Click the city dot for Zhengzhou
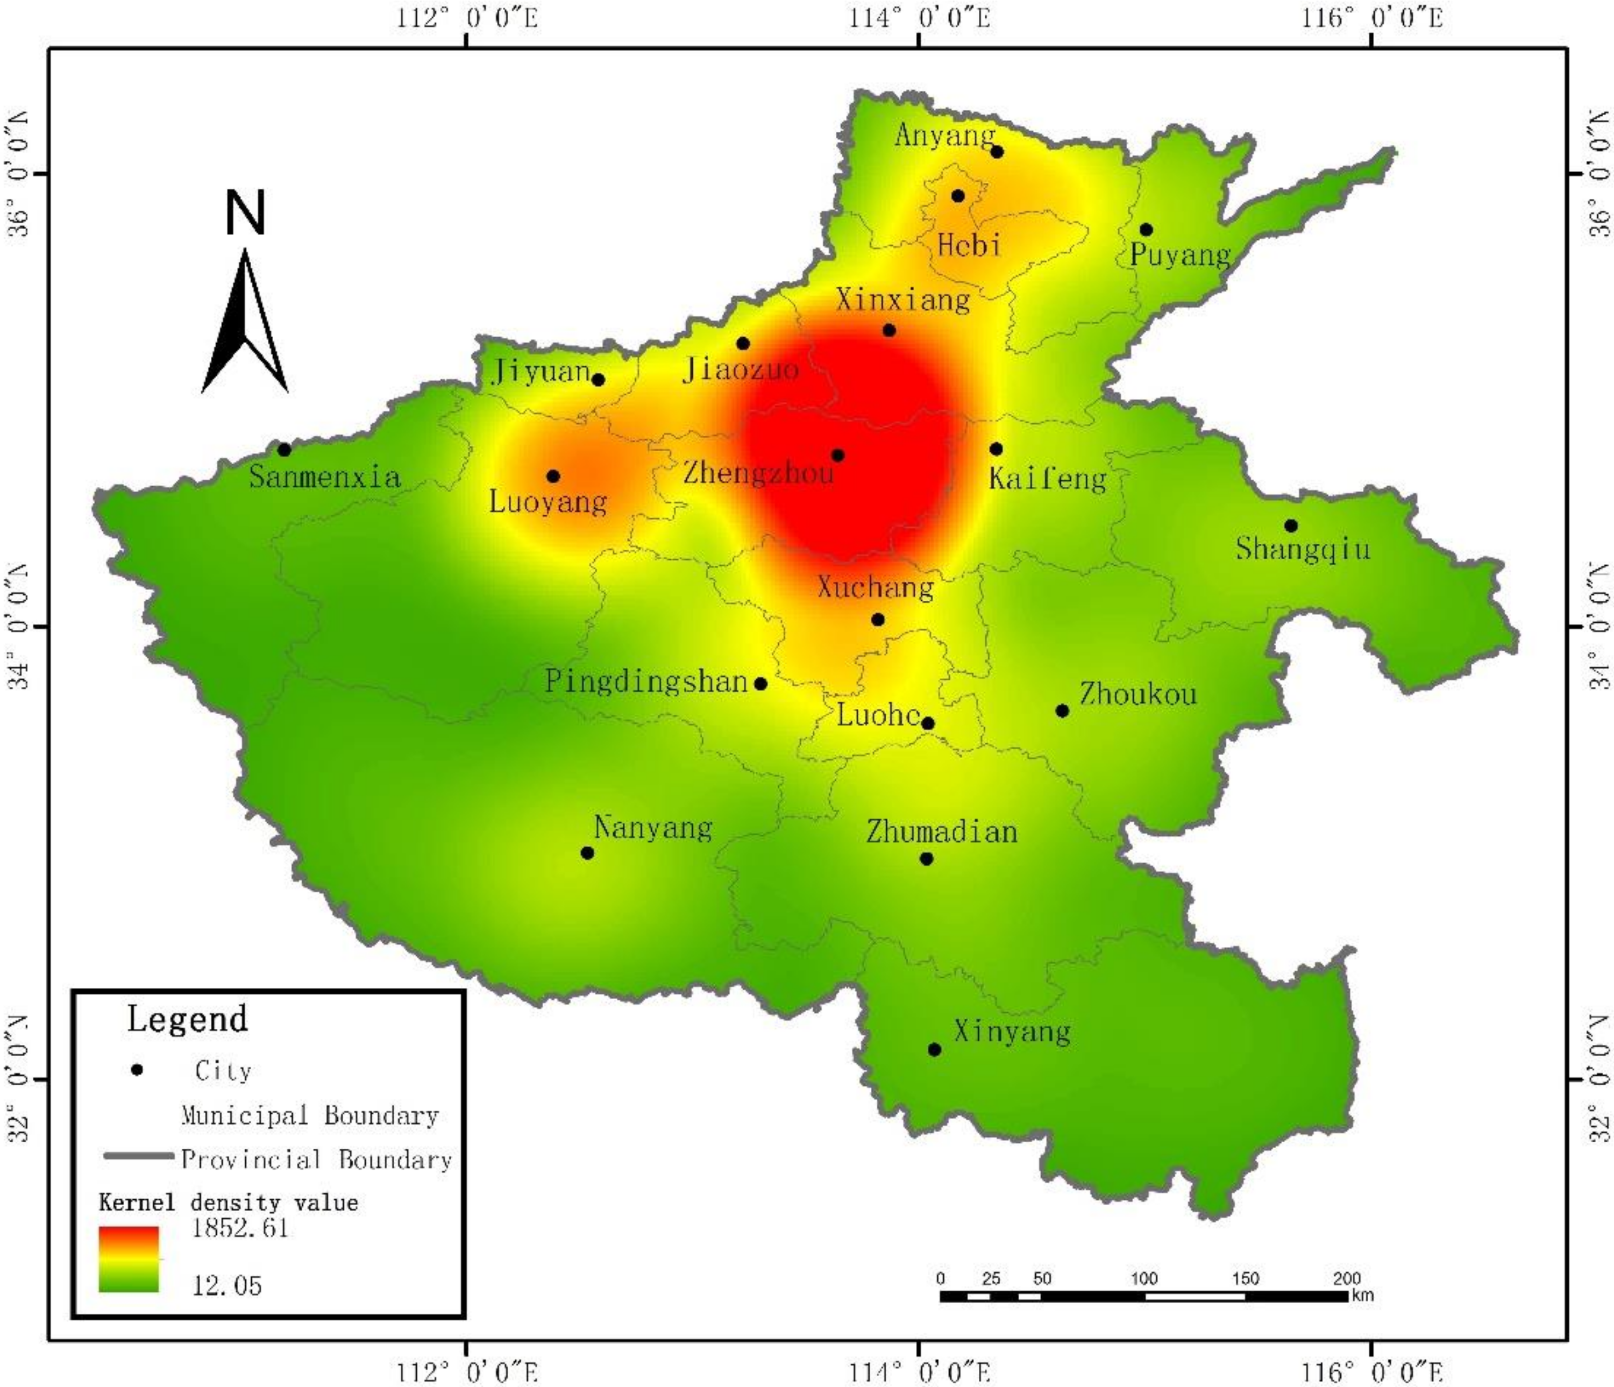tap(837, 456)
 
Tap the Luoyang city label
tap(548, 502)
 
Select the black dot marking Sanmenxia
tap(285, 450)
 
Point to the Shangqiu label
tap(1303, 549)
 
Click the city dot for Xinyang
tap(935, 1050)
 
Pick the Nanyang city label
tap(653, 827)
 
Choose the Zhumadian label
tap(942, 832)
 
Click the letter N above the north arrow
tap(245, 212)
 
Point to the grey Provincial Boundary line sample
tap(139, 1156)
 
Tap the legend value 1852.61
tap(240, 1228)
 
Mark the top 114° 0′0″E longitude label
tap(919, 17)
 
